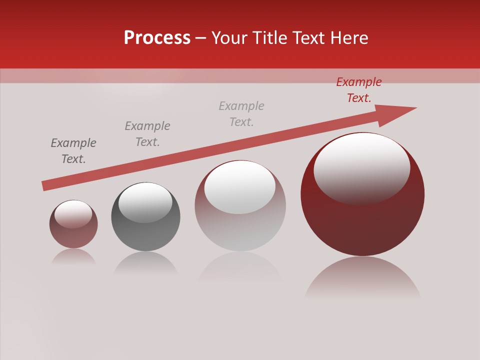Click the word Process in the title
click(157, 38)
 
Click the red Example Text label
click(359, 90)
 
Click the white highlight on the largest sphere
click(361, 167)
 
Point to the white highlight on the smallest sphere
click(73, 214)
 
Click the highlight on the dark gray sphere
click(145, 201)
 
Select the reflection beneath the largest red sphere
click(362, 277)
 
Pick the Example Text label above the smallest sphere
click(73, 151)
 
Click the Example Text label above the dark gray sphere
click(147, 134)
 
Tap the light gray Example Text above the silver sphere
click(241, 114)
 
